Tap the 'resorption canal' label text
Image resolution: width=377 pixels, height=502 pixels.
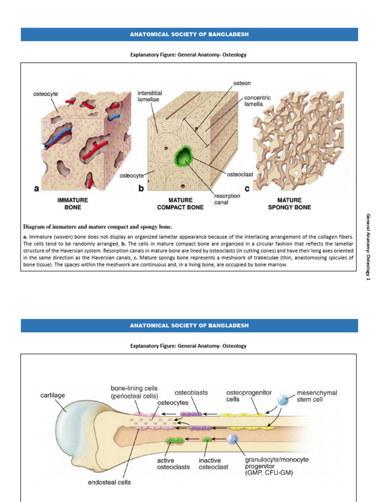click(227, 199)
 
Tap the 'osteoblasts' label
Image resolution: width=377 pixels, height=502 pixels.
click(191, 393)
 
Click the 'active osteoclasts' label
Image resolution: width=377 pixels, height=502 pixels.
click(173, 464)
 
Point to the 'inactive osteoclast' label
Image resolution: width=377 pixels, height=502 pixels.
click(213, 464)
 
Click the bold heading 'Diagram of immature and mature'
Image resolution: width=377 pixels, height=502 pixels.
click(98, 226)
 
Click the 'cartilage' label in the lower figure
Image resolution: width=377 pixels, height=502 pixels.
click(53, 395)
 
